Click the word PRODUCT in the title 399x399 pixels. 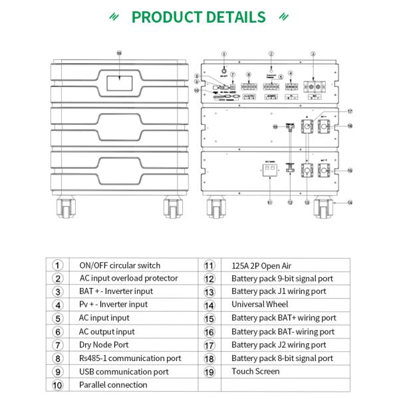click(168, 17)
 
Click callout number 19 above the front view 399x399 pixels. click(119, 53)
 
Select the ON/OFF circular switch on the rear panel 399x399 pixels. click(224, 68)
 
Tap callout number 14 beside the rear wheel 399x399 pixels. click(350, 202)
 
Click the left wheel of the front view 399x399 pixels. click(67, 207)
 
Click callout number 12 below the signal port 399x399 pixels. click(290, 202)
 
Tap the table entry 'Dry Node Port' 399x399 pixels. click(104, 344)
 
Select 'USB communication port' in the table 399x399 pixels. click(124, 371)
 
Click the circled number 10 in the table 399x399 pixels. click(58, 384)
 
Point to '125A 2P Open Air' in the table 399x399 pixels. click(263, 265)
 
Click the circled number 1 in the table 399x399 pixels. click(58, 265)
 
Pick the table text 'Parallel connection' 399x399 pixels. click(113, 384)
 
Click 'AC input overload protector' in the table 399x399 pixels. click(128, 278)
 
